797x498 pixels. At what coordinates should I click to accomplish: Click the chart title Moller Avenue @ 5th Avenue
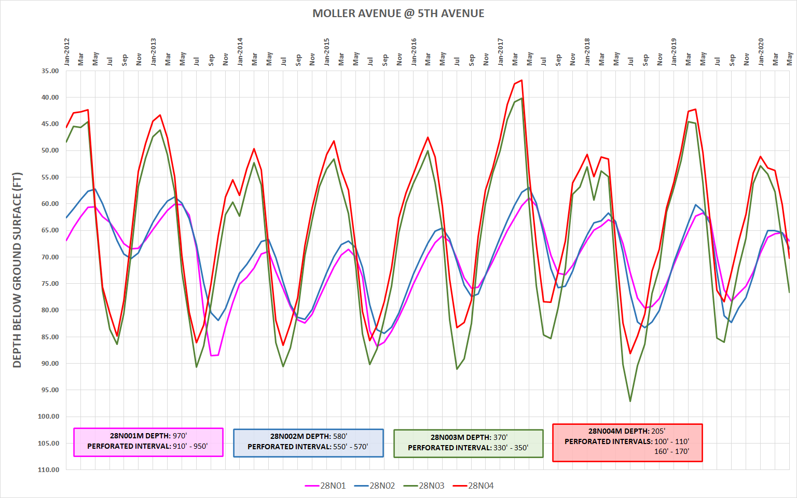[x=398, y=13]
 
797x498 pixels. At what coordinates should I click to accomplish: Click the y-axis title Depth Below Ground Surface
[x=17, y=270]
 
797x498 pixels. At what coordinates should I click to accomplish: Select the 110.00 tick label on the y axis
[x=49, y=469]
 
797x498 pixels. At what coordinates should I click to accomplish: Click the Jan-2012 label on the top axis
[x=67, y=51]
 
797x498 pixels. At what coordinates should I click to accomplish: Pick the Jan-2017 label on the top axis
[x=501, y=51]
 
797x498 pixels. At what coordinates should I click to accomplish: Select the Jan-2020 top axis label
[x=761, y=51]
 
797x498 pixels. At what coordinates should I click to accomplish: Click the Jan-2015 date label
[x=327, y=51]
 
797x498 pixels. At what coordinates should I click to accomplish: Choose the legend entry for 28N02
[x=375, y=486]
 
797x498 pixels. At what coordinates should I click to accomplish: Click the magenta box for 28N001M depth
[x=148, y=442]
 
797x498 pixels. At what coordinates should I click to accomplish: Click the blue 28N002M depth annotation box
[x=308, y=442]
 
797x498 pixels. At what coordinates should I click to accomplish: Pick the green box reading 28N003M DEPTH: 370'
[x=468, y=443]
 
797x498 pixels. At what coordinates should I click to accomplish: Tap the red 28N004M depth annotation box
[x=627, y=442]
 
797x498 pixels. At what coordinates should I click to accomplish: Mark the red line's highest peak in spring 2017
[x=521, y=80]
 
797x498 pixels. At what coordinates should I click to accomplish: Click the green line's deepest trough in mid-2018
[x=630, y=401]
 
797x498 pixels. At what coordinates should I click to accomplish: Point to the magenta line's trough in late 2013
[x=211, y=355]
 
